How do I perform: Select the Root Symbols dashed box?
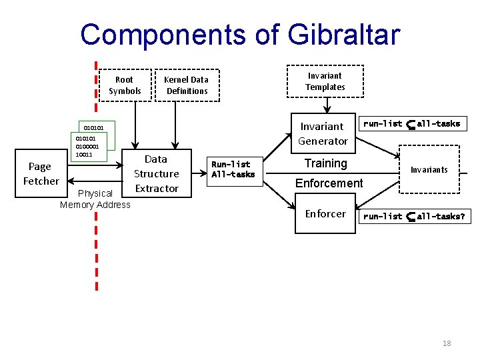125,85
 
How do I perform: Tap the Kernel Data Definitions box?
187,85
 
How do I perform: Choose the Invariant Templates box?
325,81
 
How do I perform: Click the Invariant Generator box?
323,133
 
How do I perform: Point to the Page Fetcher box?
41,174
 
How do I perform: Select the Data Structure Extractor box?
156,173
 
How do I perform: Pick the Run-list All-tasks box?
233,169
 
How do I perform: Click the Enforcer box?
325,214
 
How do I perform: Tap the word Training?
325,163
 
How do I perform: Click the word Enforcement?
329,183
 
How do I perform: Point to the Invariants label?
429,170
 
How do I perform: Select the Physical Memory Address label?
95,199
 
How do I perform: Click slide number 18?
447,343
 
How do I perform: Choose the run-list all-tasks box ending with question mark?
414,217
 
